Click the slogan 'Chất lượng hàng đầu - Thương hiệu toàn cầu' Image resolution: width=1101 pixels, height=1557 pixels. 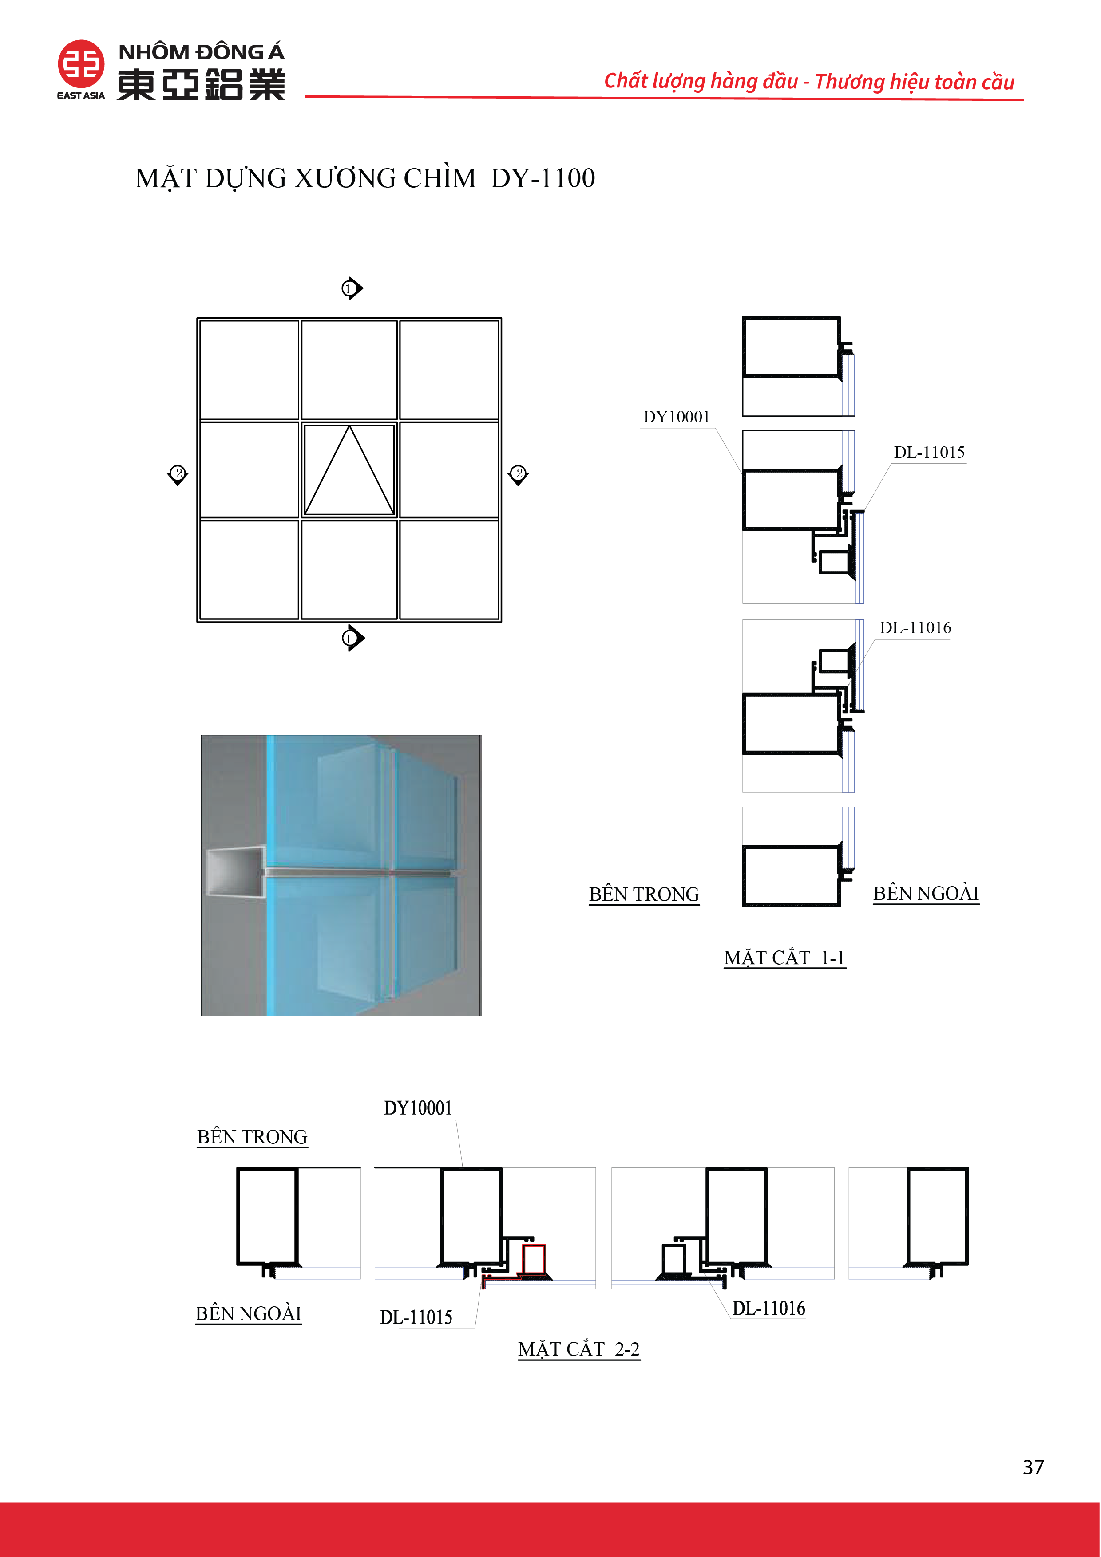pos(809,81)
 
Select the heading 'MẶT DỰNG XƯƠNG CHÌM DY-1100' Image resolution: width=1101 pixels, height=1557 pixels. pos(365,178)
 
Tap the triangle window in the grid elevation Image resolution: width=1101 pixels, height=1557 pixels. pos(349,470)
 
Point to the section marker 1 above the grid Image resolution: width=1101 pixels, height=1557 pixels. pos(352,288)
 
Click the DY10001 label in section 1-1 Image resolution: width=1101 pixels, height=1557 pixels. pos(676,417)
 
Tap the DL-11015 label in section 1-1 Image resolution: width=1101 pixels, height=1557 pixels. pos(929,452)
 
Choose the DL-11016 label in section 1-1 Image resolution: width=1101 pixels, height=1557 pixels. pos(915,628)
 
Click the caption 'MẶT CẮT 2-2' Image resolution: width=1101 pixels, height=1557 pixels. pos(578,1349)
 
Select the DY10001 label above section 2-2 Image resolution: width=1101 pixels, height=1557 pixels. pos(418,1108)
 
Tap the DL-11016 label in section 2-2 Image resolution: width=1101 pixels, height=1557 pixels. pos(768,1308)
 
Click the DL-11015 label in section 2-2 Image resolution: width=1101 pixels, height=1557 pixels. pos(416,1317)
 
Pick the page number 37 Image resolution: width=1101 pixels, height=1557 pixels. pos(1033,1467)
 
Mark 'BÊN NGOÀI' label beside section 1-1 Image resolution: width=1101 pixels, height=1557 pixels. pos(926,894)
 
